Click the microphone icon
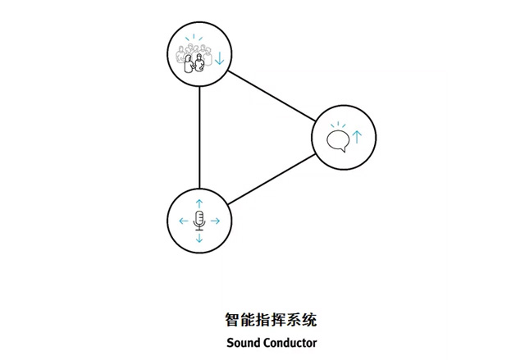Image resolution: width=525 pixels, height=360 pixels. coord(199,221)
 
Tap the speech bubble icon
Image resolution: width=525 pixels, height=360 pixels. coord(338,140)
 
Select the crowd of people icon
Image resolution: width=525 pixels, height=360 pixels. coord(194,59)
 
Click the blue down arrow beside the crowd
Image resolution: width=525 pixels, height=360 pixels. coord(219,58)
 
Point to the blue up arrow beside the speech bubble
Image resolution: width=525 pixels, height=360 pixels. coord(358,137)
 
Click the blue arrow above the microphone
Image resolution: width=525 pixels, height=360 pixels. coord(199,203)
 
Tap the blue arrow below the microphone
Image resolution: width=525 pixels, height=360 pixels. coord(199,238)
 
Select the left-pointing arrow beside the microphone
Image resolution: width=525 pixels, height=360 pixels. coord(184,221)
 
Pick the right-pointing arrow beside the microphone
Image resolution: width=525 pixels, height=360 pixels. coord(215,221)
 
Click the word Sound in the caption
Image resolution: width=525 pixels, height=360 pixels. coord(244,343)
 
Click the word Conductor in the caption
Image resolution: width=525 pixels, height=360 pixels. coord(290,343)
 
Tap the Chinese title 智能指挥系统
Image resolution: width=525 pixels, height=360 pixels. coord(271,320)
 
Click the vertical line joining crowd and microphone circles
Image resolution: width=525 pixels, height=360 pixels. coord(199,138)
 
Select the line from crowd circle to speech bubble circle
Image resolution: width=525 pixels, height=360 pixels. coord(272,96)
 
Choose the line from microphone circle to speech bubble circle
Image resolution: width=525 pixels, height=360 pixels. coord(272,179)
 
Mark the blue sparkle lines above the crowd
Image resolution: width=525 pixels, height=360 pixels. coord(194,38)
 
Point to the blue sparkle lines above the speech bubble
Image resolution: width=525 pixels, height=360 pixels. coord(338,125)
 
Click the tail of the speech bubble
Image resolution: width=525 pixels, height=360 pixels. coord(342,150)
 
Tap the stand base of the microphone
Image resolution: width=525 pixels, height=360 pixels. coord(199,229)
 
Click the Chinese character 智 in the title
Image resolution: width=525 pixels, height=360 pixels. coord(232,320)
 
